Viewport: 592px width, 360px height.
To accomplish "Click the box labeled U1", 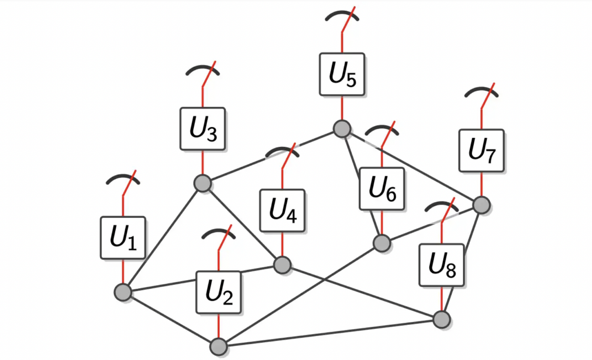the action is click(x=123, y=237).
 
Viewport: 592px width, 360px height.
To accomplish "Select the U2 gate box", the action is click(x=218, y=292).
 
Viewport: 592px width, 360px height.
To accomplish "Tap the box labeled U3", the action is click(x=202, y=129).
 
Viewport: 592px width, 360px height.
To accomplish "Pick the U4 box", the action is click(x=282, y=210).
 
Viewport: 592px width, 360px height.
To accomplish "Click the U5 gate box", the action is click(x=342, y=74).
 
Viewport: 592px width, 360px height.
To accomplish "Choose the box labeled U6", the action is click(x=382, y=188).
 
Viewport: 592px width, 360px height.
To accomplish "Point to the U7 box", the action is click(x=481, y=150).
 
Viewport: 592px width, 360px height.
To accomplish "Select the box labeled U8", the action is click(x=442, y=265).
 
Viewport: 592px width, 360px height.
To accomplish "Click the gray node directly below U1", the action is click(x=123, y=292).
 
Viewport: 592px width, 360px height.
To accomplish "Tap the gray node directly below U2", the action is click(x=218, y=347).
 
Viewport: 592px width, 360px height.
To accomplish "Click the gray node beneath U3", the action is click(x=202, y=183).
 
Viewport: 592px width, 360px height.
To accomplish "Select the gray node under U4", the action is click(x=282, y=265).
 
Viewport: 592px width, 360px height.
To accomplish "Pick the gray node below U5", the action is click(x=342, y=129).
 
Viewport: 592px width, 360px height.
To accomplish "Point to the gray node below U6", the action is click(x=382, y=243).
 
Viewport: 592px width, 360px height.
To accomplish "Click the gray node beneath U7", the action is click(x=481, y=205).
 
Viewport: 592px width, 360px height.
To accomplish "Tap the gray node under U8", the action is click(x=442, y=320).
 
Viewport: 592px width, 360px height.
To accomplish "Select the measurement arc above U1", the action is click(x=123, y=176).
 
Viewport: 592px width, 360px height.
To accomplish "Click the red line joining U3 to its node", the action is click(x=202, y=162).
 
